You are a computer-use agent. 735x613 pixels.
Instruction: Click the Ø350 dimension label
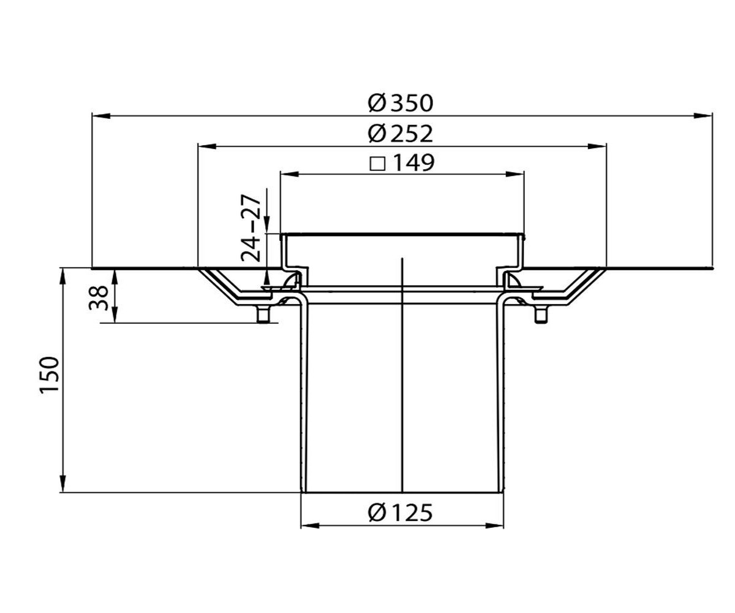(x=400, y=104)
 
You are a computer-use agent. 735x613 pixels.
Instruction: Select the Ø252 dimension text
(x=400, y=134)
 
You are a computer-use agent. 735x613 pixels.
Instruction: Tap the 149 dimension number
(x=413, y=163)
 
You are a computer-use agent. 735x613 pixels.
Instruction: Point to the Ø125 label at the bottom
(x=400, y=513)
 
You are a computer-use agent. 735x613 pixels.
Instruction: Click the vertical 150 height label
(x=49, y=376)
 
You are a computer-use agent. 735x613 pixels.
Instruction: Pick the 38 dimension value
(x=98, y=298)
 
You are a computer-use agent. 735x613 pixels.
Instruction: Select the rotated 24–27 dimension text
(x=251, y=228)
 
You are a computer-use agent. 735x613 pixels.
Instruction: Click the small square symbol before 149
(x=377, y=164)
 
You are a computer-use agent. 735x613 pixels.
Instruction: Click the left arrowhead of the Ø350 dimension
(x=101, y=116)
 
